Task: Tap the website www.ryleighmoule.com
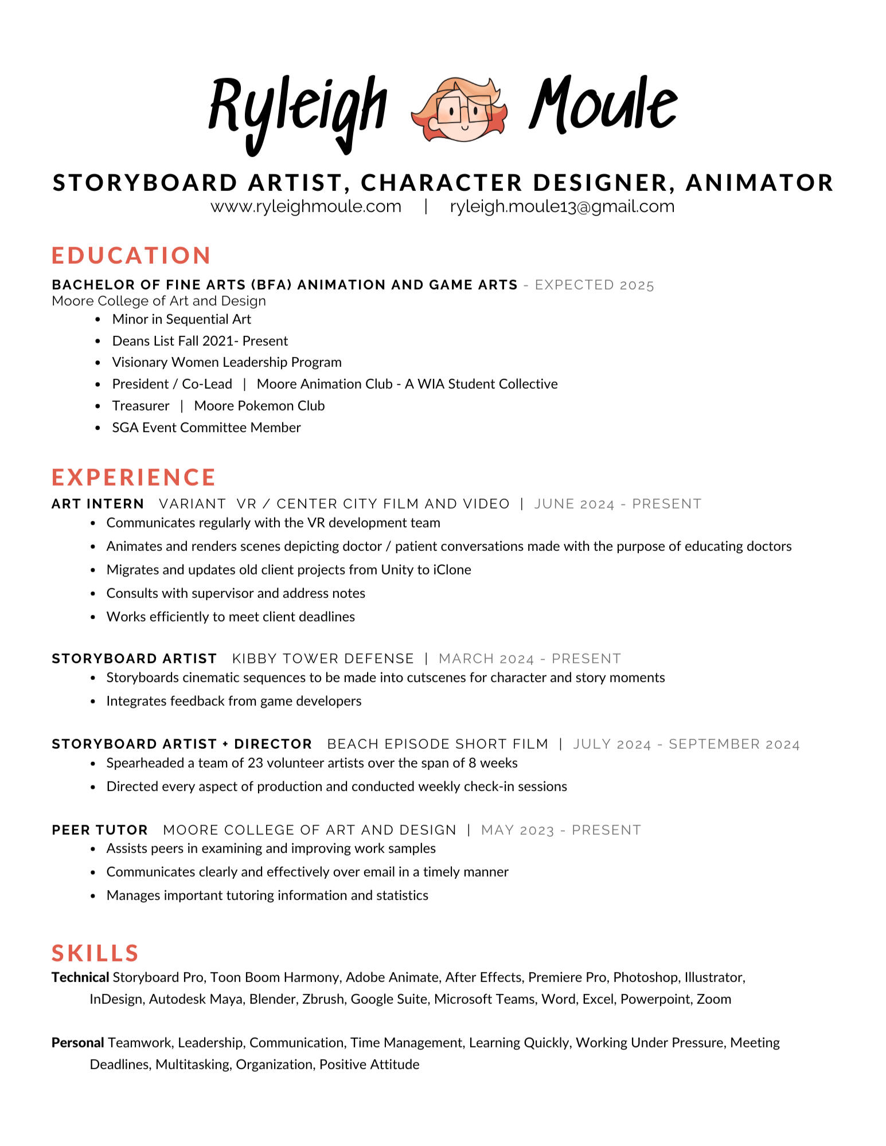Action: pos(306,206)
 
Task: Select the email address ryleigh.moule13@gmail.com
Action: pos(562,206)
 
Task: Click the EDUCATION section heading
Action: pos(131,256)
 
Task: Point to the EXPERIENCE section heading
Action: pos(134,478)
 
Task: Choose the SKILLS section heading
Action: pos(95,953)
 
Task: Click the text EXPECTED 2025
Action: pos(594,285)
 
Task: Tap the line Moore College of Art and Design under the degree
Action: pos(159,301)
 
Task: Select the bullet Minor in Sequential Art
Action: pos(181,319)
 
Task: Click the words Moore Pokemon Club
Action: pos(259,406)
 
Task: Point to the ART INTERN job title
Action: pos(97,504)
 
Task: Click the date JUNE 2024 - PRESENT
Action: pos(618,504)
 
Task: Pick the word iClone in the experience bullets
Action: pos(452,570)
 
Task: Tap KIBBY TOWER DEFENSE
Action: pos(323,659)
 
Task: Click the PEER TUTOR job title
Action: pos(100,830)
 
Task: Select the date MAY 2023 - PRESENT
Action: pos(561,830)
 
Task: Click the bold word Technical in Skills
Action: pos(80,977)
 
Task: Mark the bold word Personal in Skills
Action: pos(78,1043)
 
